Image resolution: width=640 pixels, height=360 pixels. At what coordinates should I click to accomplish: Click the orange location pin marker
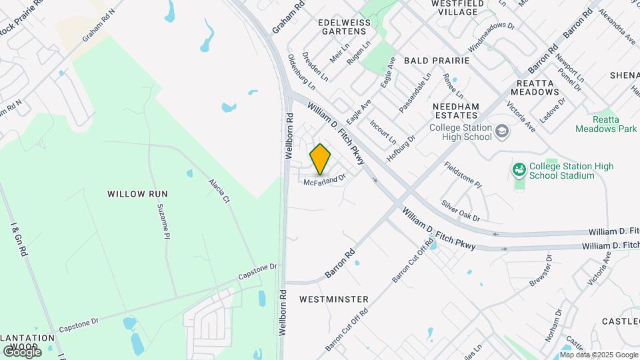[x=320, y=159]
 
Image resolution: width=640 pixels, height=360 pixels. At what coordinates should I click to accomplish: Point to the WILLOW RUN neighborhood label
[x=137, y=194]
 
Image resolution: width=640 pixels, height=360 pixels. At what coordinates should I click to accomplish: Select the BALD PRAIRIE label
[x=437, y=61]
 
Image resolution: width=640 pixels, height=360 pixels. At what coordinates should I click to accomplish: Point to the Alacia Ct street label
[x=219, y=191]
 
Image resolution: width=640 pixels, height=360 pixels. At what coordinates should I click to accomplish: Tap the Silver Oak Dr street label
[x=460, y=209]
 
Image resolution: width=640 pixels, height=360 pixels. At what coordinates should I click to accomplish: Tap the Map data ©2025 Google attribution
[x=599, y=355]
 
